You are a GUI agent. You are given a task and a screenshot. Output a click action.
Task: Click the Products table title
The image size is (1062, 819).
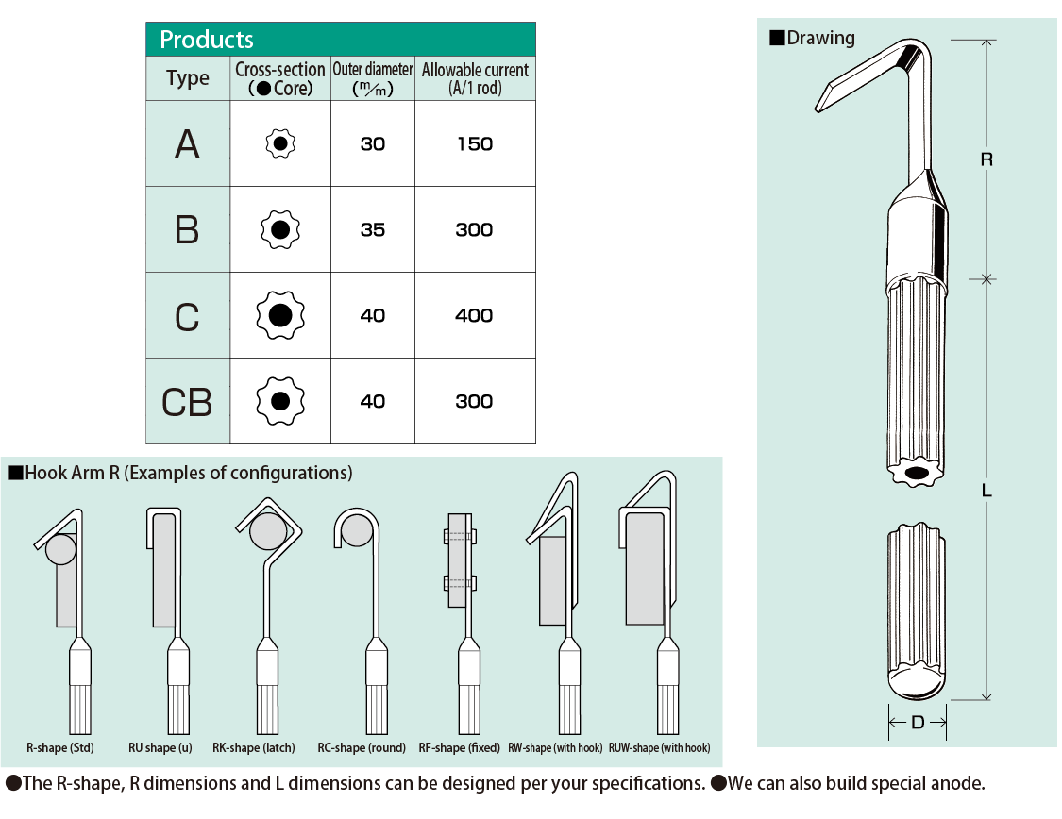pos(207,40)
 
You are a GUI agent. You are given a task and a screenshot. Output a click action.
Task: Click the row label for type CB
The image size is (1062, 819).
pos(187,402)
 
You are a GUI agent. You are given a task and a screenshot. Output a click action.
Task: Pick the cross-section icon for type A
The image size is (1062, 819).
pos(280,143)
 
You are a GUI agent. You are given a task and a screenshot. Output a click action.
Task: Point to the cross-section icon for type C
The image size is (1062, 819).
pos(279,316)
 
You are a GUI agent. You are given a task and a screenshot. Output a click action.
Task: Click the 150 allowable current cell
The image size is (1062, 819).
pos(474,143)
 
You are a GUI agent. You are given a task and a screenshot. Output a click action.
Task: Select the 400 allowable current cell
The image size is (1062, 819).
pos(474,316)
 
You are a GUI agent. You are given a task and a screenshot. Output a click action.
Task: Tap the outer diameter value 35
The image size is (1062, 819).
pos(373,230)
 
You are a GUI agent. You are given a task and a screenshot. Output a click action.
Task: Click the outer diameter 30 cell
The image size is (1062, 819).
pos(373,143)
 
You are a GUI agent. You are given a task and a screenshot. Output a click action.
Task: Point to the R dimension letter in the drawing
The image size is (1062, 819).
pos(986,159)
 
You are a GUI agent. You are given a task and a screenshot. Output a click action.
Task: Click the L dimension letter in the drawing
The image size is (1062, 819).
pos(986,491)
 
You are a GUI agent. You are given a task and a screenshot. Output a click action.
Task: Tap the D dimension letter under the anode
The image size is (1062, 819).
pos(918,724)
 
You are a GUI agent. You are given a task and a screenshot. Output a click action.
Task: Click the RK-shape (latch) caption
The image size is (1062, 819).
pos(254,748)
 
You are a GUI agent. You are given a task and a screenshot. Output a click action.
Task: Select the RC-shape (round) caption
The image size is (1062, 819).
pos(362,748)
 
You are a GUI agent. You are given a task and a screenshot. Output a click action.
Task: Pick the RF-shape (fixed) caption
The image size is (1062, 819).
pos(460,748)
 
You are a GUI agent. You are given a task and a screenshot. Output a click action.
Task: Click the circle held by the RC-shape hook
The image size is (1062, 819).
pos(357,530)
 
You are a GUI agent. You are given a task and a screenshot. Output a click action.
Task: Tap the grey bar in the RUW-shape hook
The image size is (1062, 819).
pos(645,568)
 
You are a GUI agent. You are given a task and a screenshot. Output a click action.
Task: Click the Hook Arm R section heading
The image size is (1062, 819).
pos(188,473)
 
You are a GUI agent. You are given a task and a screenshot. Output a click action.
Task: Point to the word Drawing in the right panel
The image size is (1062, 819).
pos(820,38)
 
